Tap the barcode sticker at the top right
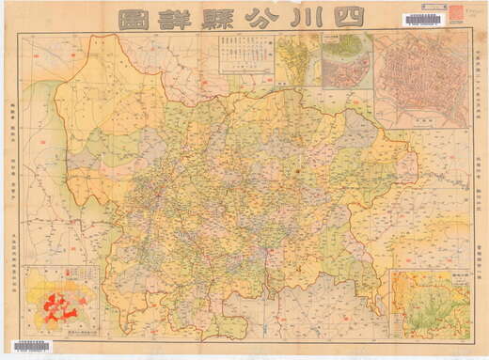[x=422, y=20]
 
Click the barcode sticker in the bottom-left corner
[x=31, y=347]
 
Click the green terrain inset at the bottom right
[x=430, y=305]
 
